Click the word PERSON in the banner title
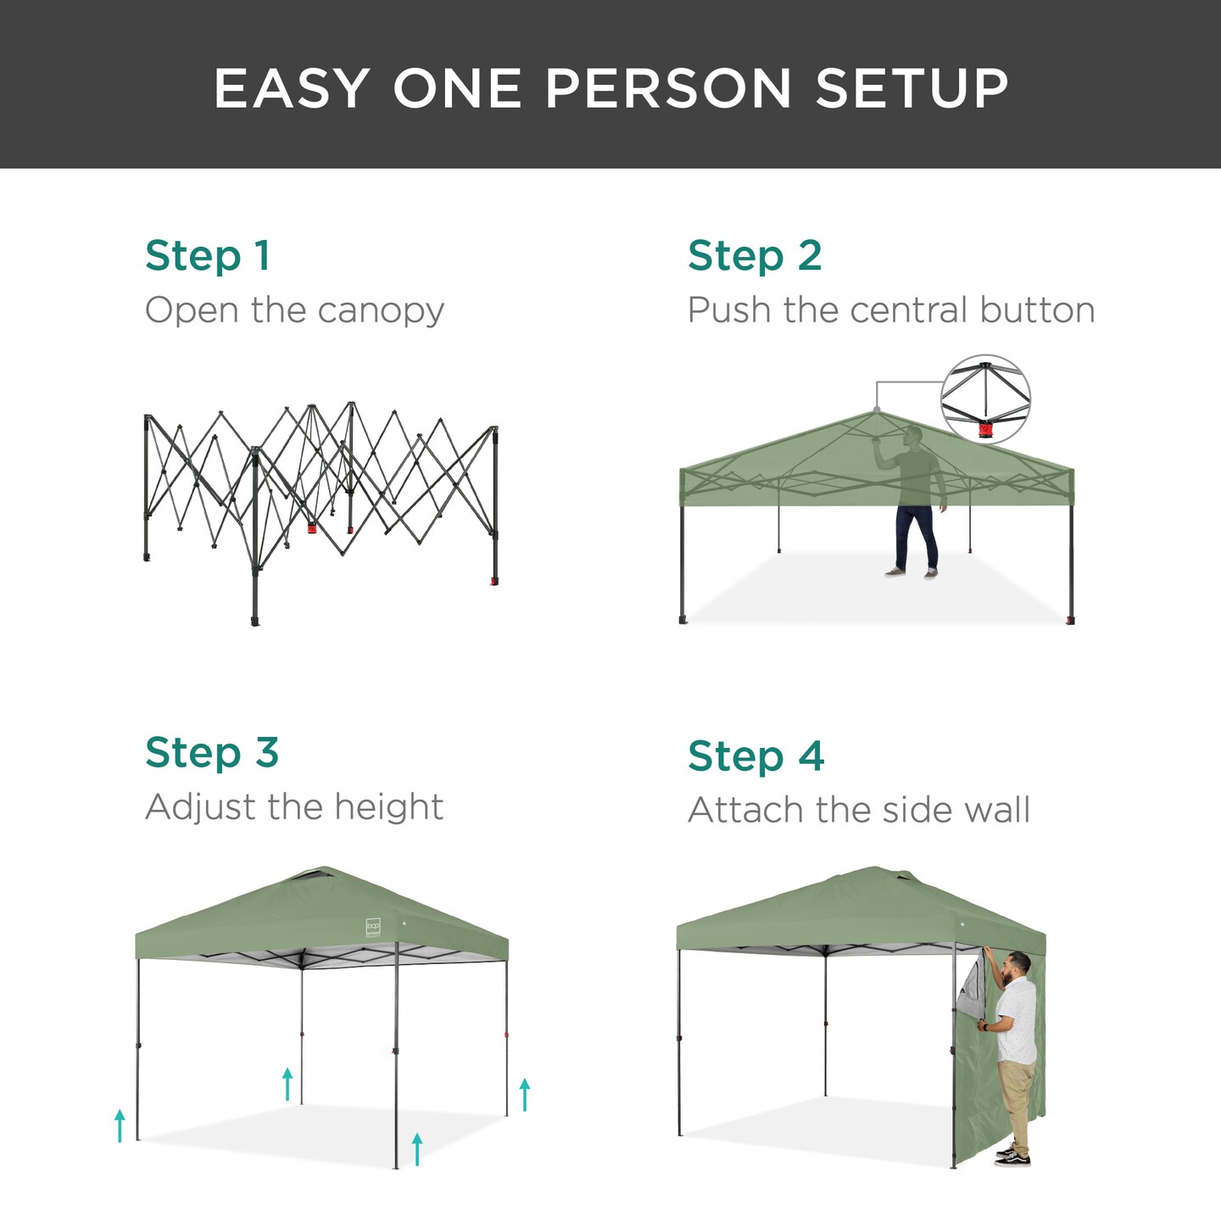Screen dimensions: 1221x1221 click(x=668, y=88)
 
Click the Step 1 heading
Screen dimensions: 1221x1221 click(x=208, y=256)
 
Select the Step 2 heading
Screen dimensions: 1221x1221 click(x=755, y=256)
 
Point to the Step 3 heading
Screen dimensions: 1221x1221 click(x=212, y=753)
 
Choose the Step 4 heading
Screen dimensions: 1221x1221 click(x=755, y=756)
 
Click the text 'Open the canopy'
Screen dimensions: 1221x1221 click(x=294, y=310)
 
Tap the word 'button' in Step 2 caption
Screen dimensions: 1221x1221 click(x=1037, y=310)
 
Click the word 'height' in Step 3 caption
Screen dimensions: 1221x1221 click(x=388, y=807)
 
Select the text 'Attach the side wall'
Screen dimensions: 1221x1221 click(x=859, y=811)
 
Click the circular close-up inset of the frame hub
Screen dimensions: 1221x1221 click(x=985, y=399)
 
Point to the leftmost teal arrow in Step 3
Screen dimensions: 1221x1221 click(x=120, y=1125)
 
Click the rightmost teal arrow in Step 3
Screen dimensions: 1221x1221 click(x=525, y=1094)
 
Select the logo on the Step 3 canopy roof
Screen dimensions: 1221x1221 click(x=373, y=927)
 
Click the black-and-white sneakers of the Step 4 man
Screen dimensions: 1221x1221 click(x=1012, y=1156)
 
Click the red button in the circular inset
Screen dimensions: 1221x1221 click(x=984, y=430)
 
